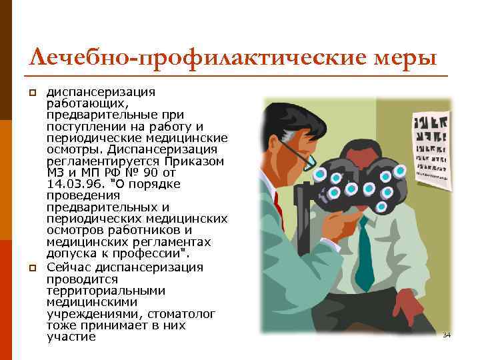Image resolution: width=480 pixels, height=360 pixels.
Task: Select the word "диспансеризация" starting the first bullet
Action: (100, 91)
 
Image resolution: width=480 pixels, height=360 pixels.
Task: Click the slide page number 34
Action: (447, 335)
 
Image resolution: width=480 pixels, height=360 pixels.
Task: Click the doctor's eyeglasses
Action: (297, 155)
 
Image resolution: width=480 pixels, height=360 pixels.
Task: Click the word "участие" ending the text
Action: (71, 337)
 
